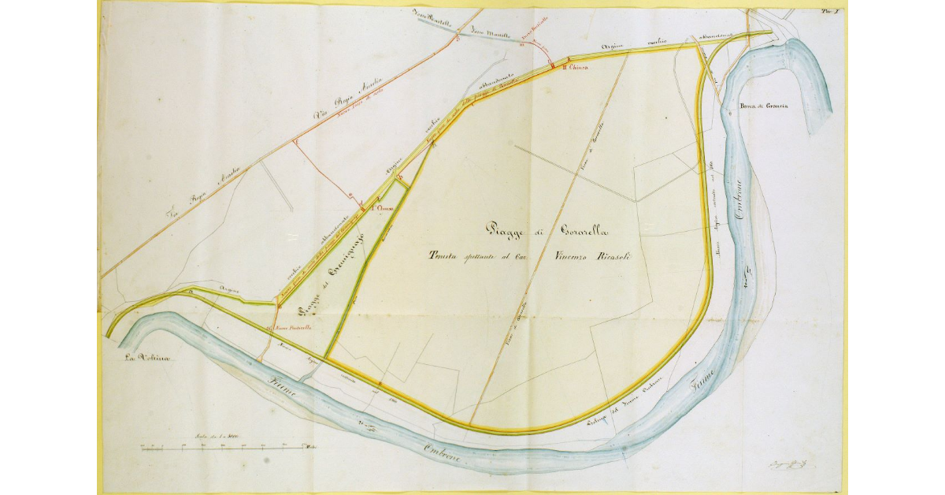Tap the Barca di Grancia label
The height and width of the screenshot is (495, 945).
coord(763,106)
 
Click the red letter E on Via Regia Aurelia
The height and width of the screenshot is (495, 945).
coord(295,140)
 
